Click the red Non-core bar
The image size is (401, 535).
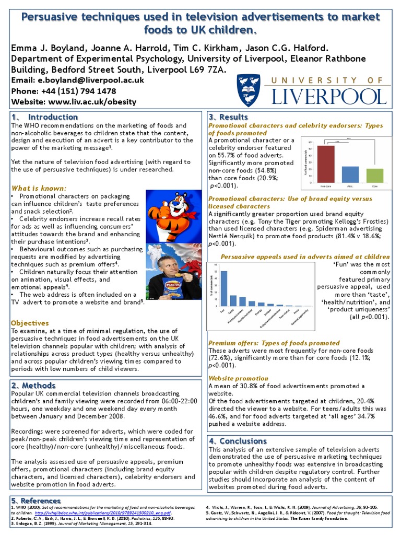(x=326, y=164)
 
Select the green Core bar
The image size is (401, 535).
(x=374, y=175)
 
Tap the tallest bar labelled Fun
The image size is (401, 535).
(x=224, y=288)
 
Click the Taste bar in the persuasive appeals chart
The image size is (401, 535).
(x=233, y=300)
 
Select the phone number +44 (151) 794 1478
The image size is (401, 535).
(x=79, y=91)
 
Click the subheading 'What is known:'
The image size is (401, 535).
(x=39, y=188)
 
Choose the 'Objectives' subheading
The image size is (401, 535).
(x=30, y=323)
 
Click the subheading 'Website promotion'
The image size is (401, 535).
(x=238, y=378)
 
